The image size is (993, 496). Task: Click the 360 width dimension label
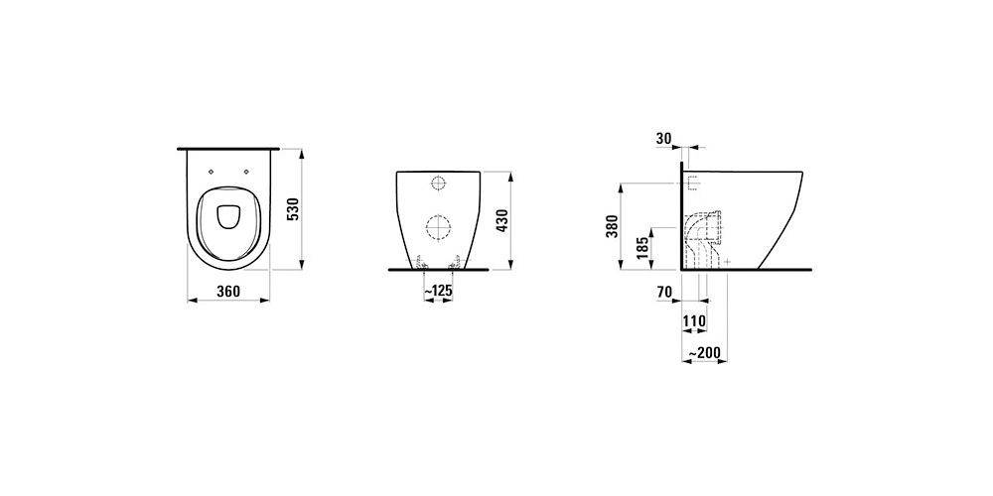(228, 292)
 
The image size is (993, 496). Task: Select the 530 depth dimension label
(293, 208)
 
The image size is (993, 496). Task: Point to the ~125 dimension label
(438, 292)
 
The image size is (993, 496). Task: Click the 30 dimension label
(663, 139)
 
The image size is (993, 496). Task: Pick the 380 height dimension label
(612, 226)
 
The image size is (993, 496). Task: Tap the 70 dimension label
(664, 292)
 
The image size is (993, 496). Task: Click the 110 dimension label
(694, 321)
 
